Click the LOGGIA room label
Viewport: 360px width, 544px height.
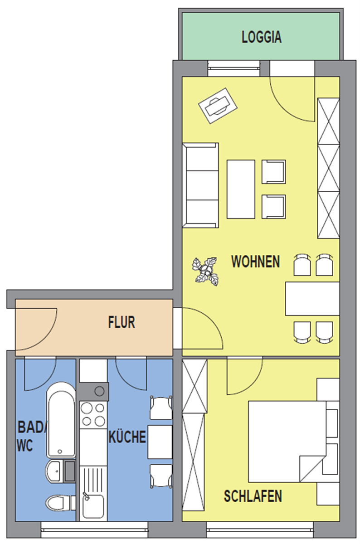[x=261, y=37]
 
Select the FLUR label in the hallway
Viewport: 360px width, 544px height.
[x=122, y=322]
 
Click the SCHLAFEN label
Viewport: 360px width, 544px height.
[x=253, y=496]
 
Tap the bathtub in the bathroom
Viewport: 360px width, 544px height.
[x=61, y=420]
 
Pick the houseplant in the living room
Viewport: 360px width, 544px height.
[x=205, y=271]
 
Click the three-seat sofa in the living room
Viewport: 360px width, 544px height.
[x=200, y=185]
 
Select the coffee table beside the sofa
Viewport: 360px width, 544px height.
[x=241, y=189]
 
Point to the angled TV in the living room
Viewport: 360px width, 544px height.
[x=218, y=106]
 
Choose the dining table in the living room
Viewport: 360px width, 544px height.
[x=312, y=299]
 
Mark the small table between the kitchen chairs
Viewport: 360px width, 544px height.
[x=160, y=442]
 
